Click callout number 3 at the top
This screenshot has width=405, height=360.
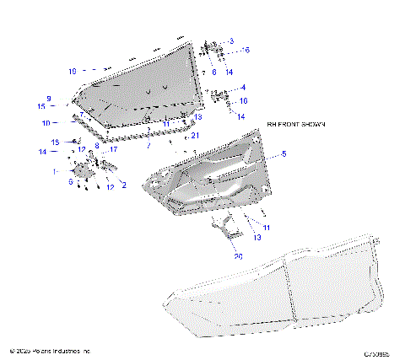click(x=231, y=40)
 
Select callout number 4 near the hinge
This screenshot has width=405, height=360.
click(x=243, y=87)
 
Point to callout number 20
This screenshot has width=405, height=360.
click(x=239, y=255)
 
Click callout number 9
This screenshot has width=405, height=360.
click(x=49, y=99)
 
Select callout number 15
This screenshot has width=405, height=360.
click(x=41, y=107)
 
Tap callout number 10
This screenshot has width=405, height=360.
click(x=46, y=123)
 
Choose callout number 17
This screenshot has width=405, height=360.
click(x=113, y=149)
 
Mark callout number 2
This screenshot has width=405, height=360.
click(x=124, y=183)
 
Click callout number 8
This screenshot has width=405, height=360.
click(x=97, y=145)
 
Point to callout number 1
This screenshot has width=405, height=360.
click(x=56, y=171)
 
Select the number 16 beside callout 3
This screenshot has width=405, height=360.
click(x=246, y=51)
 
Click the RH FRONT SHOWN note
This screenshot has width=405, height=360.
click(x=295, y=124)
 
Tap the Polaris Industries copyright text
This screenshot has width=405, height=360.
click(x=49, y=350)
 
